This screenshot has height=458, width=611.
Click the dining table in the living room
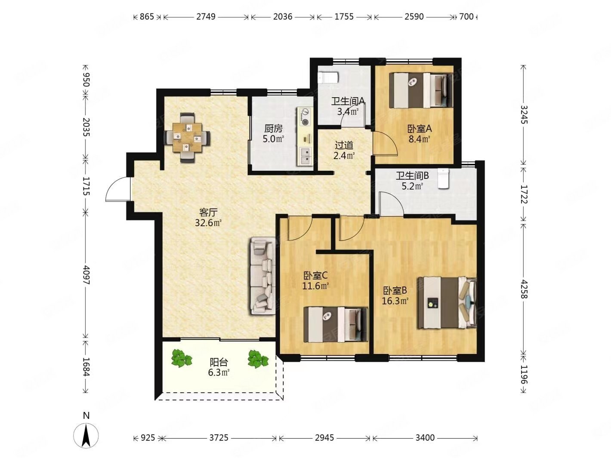point(187,137)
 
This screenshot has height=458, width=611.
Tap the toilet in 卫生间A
point(328,77)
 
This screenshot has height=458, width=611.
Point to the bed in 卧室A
point(421,90)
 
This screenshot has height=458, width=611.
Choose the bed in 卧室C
point(336,324)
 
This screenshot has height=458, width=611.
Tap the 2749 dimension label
point(206,17)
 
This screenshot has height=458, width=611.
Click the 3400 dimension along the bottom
point(425,438)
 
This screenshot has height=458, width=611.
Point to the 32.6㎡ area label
point(208,223)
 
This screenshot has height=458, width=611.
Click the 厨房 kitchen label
point(273,129)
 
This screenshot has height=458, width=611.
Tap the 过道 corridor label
point(344,145)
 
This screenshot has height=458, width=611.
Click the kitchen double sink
point(305,156)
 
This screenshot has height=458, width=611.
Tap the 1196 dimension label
point(524,375)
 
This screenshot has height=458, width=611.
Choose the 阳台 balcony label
point(219,362)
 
